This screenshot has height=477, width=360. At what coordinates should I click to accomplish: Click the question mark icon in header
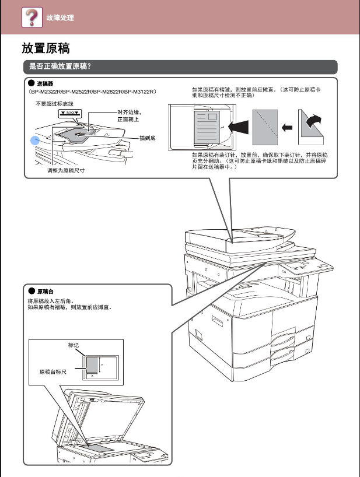pos(32,17)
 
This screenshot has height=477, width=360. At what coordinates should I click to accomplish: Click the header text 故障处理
pos(60,18)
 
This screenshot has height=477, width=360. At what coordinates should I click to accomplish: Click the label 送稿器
pos(46,84)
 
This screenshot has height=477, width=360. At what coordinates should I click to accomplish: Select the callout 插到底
pos(146,138)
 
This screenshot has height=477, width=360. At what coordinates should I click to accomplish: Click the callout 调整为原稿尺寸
pos(65,171)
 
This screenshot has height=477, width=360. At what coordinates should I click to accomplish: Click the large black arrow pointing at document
pos(237,125)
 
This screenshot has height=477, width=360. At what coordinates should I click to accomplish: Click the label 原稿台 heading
pos(46,291)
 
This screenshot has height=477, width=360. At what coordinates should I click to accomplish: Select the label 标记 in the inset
pos(74,345)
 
